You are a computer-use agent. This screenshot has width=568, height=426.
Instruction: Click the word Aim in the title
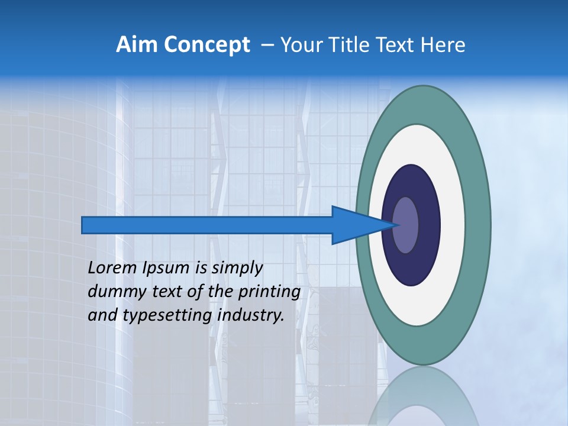137,45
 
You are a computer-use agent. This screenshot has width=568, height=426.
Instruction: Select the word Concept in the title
206,45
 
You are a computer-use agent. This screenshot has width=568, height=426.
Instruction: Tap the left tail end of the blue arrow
86,225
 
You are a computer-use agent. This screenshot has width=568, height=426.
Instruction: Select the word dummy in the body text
111,292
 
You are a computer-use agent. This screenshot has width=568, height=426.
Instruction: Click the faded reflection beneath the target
423,396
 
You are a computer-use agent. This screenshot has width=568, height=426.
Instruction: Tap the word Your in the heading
298,45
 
